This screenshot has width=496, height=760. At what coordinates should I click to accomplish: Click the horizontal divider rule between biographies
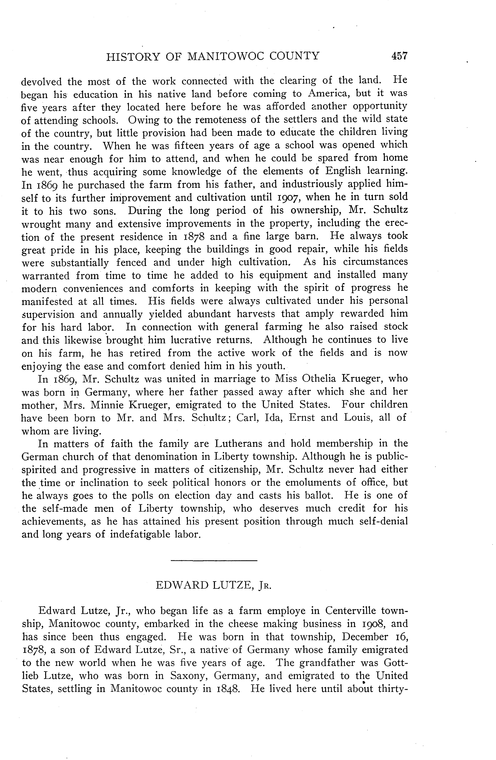(x=214, y=560)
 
